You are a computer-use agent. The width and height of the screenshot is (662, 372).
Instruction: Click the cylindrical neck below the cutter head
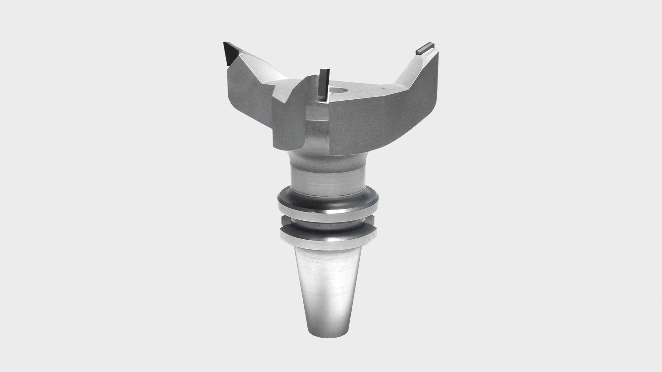click(x=326, y=179)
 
